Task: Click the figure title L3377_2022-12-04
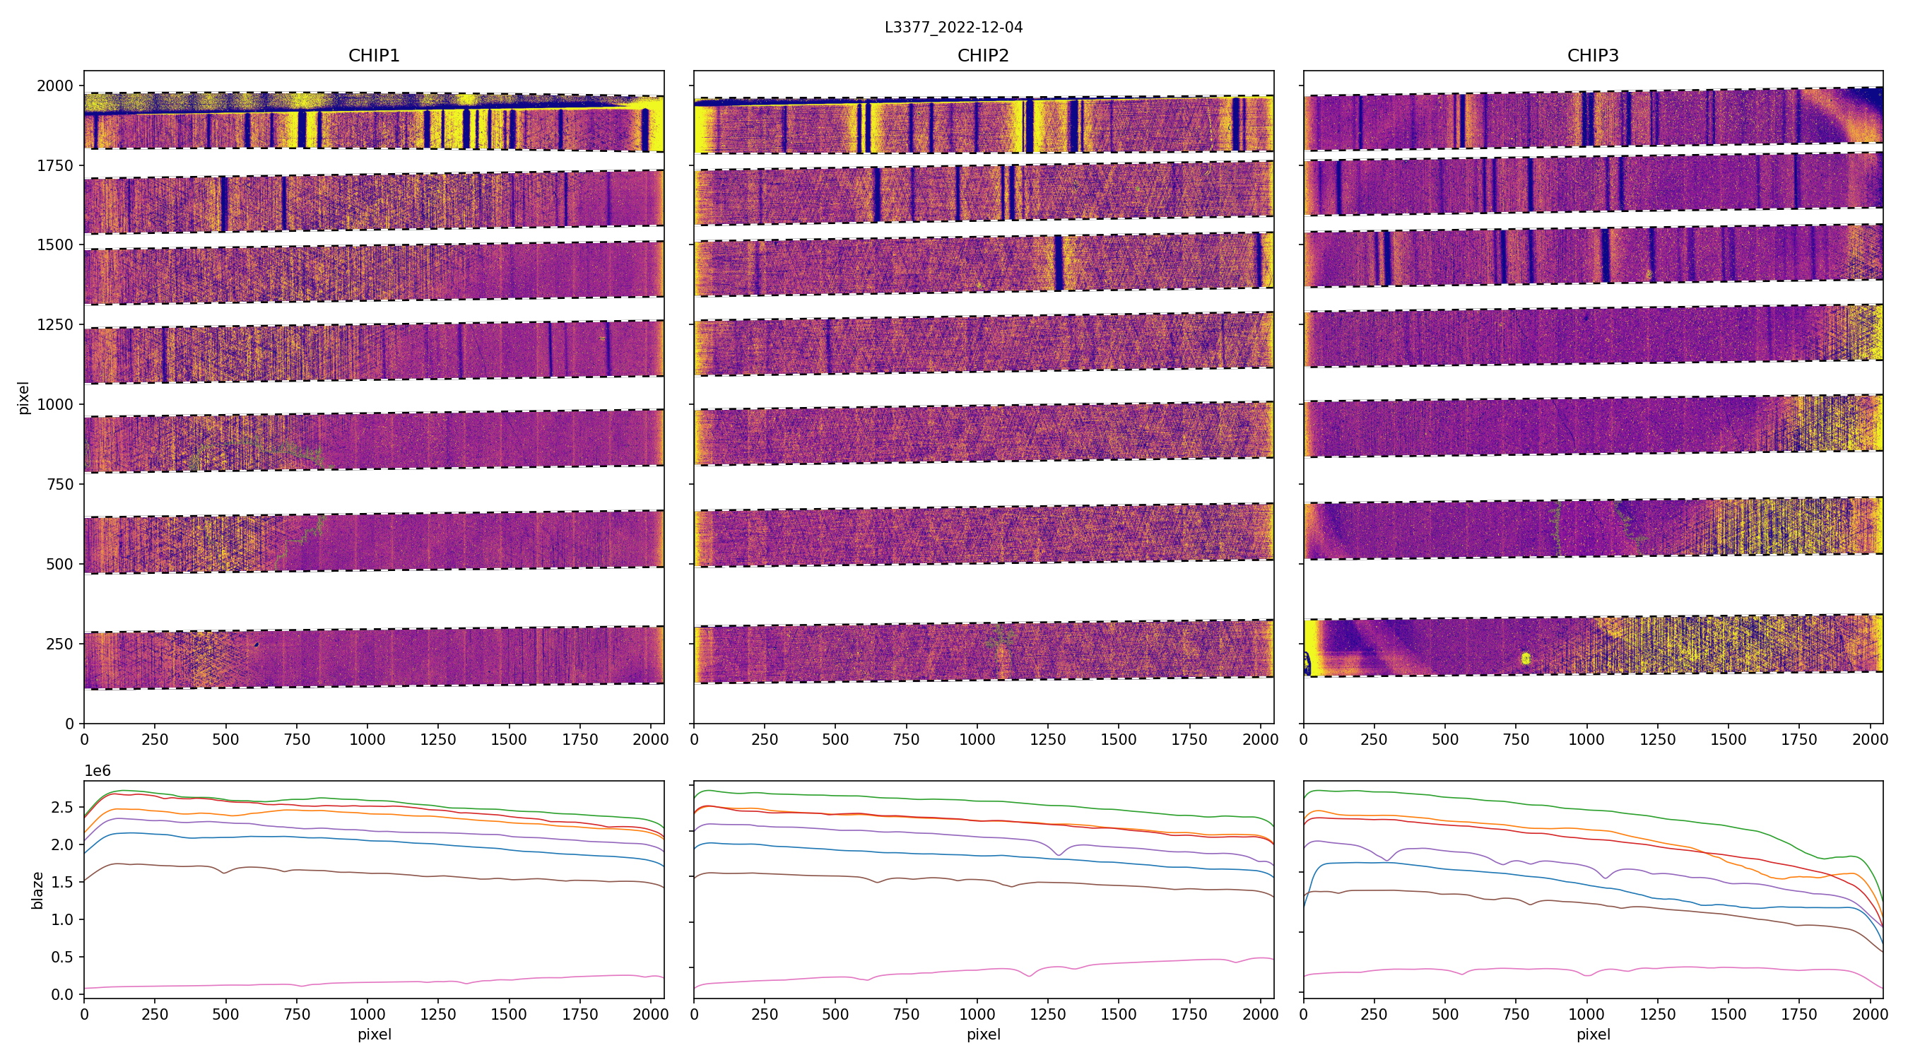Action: click(x=953, y=28)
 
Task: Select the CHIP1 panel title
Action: click(x=374, y=56)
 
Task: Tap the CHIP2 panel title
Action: click(x=983, y=56)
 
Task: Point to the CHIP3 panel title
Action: click(x=1592, y=56)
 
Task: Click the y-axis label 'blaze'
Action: click(x=37, y=890)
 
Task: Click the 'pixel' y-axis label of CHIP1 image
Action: click(x=24, y=398)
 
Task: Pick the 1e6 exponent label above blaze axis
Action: click(x=97, y=771)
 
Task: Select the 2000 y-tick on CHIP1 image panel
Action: click(x=55, y=86)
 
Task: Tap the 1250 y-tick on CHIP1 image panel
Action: click(x=55, y=324)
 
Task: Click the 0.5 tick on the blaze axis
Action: click(x=62, y=957)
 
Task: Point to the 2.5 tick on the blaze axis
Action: click(x=62, y=807)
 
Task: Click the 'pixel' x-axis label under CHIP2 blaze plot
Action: click(x=983, y=1034)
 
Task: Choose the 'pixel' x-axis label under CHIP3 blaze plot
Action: click(x=1592, y=1034)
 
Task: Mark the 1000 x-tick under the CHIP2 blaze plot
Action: click(x=977, y=1014)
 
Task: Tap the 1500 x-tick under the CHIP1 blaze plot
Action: click(x=509, y=1014)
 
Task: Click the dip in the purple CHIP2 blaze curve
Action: click(x=1059, y=855)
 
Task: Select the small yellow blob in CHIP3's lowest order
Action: click(x=1525, y=658)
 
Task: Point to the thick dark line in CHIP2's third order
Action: click(x=1059, y=263)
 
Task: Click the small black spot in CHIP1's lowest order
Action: click(x=257, y=644)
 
